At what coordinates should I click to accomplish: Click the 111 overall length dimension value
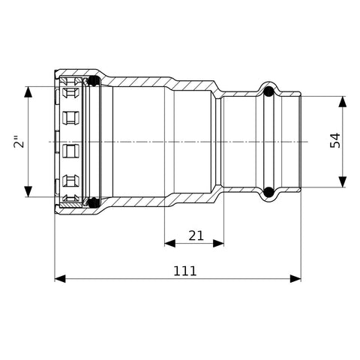coord(185,271)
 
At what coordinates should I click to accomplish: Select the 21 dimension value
coord(196,235)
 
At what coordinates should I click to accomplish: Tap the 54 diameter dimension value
coord(335,140)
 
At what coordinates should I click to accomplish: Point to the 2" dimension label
coord(19,142)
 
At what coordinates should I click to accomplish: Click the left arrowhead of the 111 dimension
coord(60,278)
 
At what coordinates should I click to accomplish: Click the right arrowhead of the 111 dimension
coord(295,278)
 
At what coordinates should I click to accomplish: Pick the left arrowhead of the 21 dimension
coord(169,243)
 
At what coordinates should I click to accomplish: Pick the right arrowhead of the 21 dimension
coord(218,243)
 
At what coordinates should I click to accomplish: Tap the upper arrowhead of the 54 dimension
coord(343,101)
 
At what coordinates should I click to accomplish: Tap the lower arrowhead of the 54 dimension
coord(343,181)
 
